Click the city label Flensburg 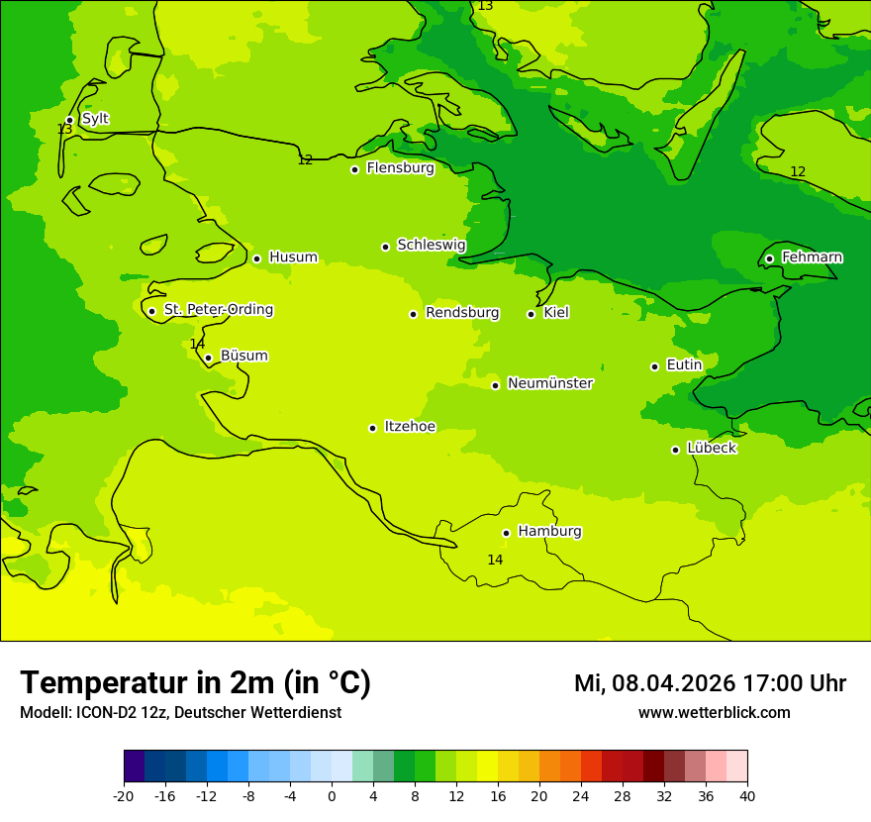click(400, 168)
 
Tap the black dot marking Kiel click(531, 314)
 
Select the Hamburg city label click(549, 532)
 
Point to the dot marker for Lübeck click(675, 450)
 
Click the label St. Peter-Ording click(218, 310)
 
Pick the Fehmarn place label click(812, 257)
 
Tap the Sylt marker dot click(69, 120)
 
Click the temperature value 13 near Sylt click(64, 130)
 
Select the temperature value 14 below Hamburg click(495, 561)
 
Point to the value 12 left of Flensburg click(305, 160)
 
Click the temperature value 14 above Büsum click(197, 345)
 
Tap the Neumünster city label click(549, 383)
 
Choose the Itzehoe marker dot click(372, 428)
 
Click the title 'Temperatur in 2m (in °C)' click(195, 683)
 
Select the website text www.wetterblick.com click(714, 713)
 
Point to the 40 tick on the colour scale click(746, 795)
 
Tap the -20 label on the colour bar click(124, 795)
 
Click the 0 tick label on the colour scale click(332, 795)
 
